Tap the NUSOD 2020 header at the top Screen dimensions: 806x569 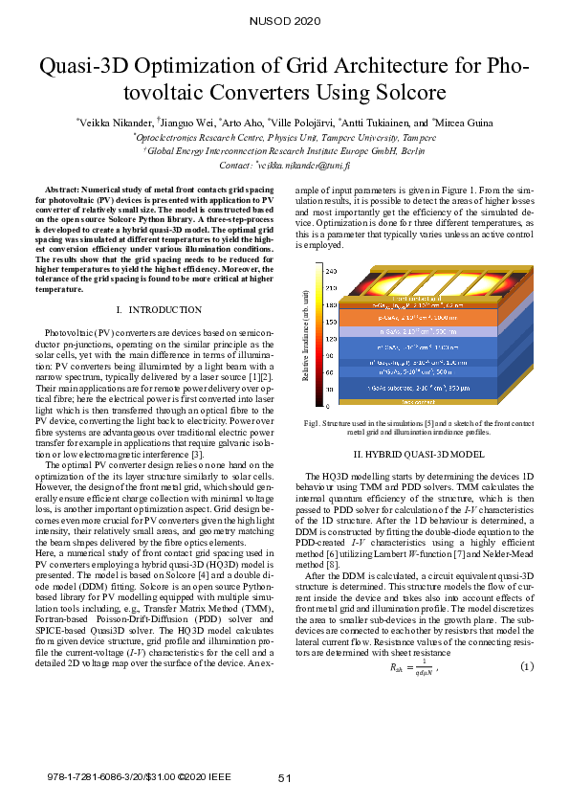(x=284, y=20)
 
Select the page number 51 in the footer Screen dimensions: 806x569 (x=284, y=778)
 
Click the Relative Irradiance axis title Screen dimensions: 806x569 (x=306, y=340)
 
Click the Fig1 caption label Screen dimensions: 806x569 (x=313, y=422)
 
